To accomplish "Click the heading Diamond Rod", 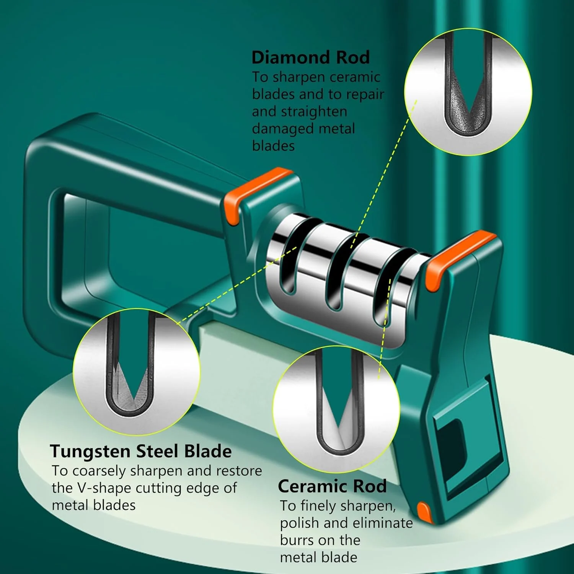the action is click(311, 57).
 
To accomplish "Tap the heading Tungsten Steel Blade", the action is click(141, 452).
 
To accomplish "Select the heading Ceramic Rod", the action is click(332, 486).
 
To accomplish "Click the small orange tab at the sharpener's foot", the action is click(424, 511).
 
